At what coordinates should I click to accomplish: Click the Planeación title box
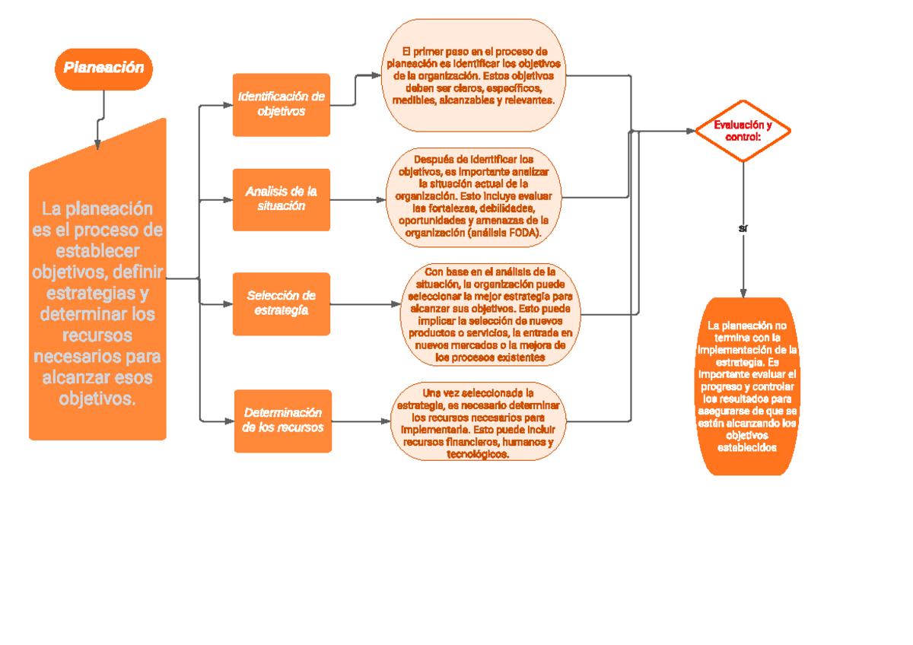pyautogui.click(x=103, y=68)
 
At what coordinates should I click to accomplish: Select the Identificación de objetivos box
pyautogui.click(x=282, y=104)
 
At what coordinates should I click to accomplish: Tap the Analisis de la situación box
pyautogui.click(x=282, y=199)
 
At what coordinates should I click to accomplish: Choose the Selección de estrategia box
pyautogui.click(x=282, y=303)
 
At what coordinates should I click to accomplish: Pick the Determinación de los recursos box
pyautogui.click(x=282, y=420)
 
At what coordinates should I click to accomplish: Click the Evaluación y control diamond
pyautogui.click(x=743, y=131)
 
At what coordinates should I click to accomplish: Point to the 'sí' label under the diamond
pyautogui.click(x=743, y=228)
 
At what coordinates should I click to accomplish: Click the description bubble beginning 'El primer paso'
pyautogui.click(x=475, y=76)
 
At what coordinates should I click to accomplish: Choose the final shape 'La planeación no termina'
pyautogui.click(x=747, y=386)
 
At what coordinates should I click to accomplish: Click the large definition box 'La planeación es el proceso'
pyautogui.click(x=97, y=304)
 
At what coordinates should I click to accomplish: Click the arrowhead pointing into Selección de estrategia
pyautogui.click(x=227, y=304)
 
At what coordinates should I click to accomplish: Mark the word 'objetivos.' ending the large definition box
pyautogui.click(x=97, y=399)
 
